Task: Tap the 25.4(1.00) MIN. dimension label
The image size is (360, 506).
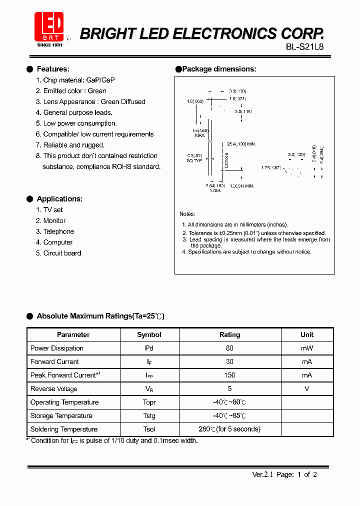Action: point(241,144)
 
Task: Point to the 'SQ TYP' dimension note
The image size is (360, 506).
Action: point(194,161)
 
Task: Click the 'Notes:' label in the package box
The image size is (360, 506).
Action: point(187,214)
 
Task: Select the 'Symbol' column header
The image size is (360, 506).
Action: point(149,335)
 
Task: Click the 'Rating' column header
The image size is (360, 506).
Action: point(229,335)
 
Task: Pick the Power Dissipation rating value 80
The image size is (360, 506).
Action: point(229,348)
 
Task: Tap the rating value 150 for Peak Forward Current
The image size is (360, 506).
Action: point(229,375)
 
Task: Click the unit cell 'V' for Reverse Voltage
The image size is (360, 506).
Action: point(307,389)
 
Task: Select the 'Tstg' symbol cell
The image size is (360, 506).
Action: point(149,416)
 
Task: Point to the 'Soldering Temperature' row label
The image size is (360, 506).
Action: point(64,429)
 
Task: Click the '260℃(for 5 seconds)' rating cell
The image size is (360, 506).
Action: point(229,429)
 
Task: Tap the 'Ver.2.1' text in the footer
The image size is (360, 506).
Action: point(262,475)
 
